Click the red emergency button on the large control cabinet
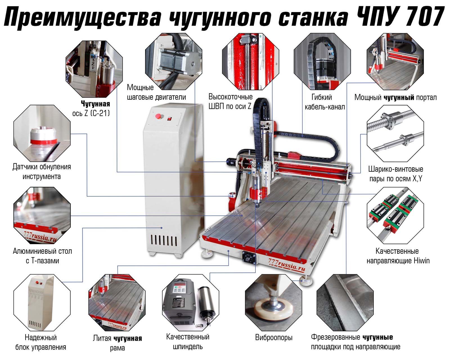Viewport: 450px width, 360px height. pos(158,116)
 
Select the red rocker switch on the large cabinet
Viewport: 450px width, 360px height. pos(169,119)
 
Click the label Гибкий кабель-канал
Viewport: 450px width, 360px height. pos(325,102)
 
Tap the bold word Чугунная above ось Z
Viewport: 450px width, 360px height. pos(96,104)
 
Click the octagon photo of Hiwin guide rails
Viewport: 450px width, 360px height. pos(395,215)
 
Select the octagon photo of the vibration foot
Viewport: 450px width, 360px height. pos(273,303)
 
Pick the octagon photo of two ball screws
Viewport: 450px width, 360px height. pos(395,134)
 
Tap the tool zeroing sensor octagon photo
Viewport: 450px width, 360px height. pos(42,134)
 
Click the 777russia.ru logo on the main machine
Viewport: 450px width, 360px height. pos(287,265)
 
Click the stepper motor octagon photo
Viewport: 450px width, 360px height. pos(174,62)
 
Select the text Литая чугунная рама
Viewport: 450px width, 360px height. pos(117,343)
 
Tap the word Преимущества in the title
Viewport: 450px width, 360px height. pos(83,17)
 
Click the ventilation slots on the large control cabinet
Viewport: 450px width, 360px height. pos(164,240)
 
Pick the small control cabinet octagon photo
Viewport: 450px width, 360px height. pos(42,303)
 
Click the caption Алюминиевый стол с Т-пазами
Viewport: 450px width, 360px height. pos(42,256)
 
